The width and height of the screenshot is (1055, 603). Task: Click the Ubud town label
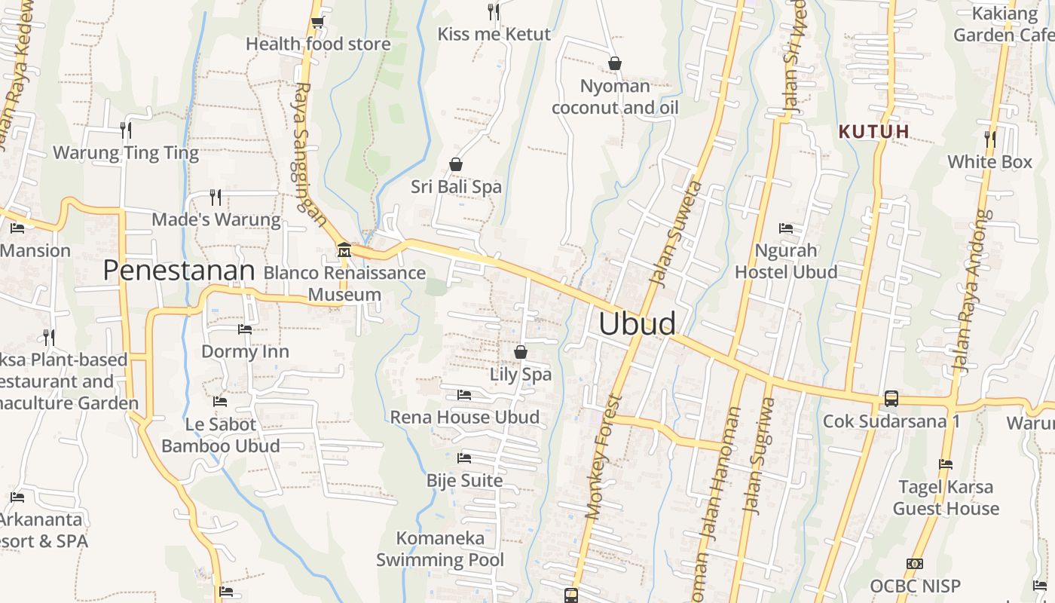tap(637, 323)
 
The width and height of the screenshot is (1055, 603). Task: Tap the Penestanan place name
tap(179, 271)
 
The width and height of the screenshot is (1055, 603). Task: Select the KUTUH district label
tap(874, 132)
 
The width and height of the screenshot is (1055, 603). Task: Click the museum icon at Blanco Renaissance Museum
tap(344, 249)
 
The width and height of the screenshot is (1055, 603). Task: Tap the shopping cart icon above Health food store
tap(317, 23)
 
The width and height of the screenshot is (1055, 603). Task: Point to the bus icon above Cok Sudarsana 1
tap(891, 398)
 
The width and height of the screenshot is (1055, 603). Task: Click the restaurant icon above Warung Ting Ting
tap(126, 130)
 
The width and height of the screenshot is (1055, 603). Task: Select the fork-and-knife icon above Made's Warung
tap(216, 197)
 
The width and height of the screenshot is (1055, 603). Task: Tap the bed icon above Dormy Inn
tap(245, 329)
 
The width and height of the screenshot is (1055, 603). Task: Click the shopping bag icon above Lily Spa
tap(520, 352)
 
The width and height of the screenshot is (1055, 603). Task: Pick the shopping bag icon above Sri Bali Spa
tap(456, 164)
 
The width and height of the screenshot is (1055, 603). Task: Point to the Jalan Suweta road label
tap(674, 233)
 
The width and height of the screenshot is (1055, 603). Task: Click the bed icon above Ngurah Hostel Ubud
tap(786, 228)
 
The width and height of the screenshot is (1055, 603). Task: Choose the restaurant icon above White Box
tap(989, 139)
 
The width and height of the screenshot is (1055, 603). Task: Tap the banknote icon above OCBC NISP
tap(915, 564)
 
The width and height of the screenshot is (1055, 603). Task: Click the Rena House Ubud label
tap(464, 417)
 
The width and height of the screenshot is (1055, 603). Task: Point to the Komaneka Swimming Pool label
tap(440, 549)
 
